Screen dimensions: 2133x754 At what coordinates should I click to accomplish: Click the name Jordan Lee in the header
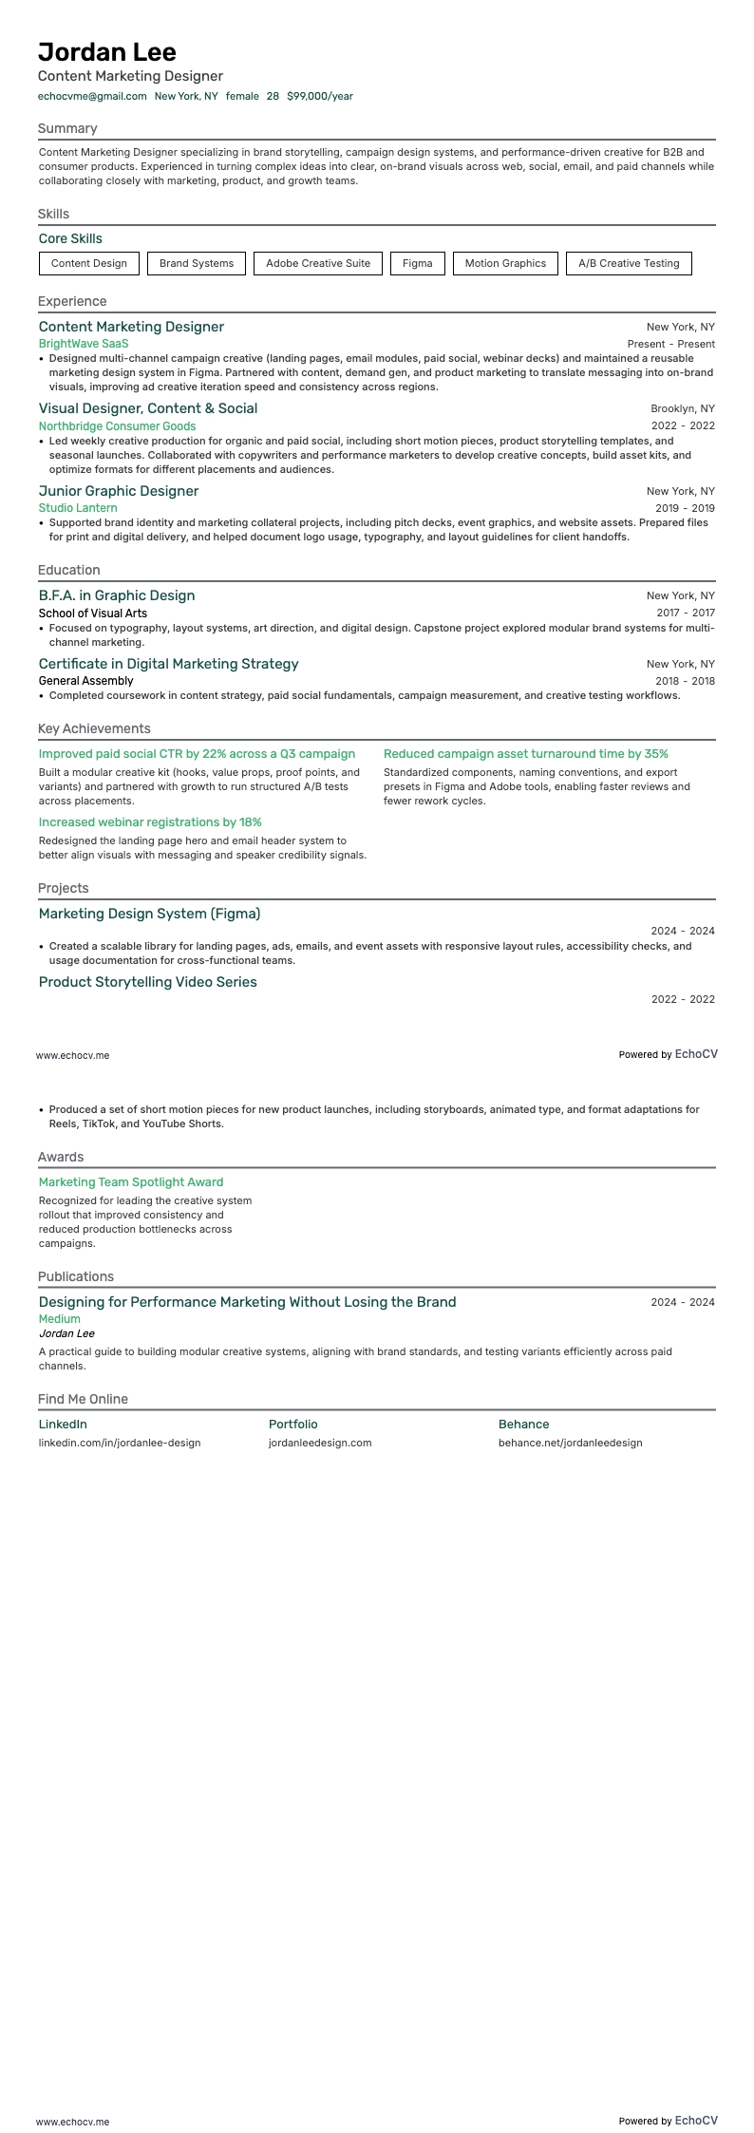tap(107, 51)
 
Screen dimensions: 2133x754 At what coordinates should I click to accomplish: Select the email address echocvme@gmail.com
tap(92, 96)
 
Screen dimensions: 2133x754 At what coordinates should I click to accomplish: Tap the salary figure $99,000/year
tap(319, 96)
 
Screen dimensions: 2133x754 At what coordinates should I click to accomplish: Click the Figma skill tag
tap(417, 263)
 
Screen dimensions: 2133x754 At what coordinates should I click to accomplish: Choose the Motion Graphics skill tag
tap(505, 263)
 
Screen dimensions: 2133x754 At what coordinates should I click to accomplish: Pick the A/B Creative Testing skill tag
tap(629, 263)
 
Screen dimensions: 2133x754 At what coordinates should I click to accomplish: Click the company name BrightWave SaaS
tap(84, 344)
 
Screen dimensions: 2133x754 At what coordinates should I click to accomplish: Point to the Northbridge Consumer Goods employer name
tap(117, 426)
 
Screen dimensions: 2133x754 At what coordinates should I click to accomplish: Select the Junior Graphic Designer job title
tap(119, 491)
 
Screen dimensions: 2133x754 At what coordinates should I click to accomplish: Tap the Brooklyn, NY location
tap(683, 409)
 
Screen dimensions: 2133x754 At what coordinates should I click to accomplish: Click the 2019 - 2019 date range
tap(685, 508)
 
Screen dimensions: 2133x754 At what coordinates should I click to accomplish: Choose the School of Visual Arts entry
tap(93, 613)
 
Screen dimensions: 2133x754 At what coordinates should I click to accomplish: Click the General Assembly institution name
tap(85, 681)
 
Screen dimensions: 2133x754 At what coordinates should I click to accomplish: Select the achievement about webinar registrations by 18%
tap(150, 822)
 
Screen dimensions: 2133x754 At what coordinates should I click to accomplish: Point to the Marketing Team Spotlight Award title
tap(131, 1182)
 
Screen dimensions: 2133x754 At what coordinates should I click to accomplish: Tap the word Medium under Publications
tap(59, 1319)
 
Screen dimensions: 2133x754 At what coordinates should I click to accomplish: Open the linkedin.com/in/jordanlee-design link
tap(120, 1443)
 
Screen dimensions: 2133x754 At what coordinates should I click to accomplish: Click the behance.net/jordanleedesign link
tap(570, 1443)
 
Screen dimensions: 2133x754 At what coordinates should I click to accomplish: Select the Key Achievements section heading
tap(94, 728)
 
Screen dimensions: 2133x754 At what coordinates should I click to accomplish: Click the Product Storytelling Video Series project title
tap(147, 982)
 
